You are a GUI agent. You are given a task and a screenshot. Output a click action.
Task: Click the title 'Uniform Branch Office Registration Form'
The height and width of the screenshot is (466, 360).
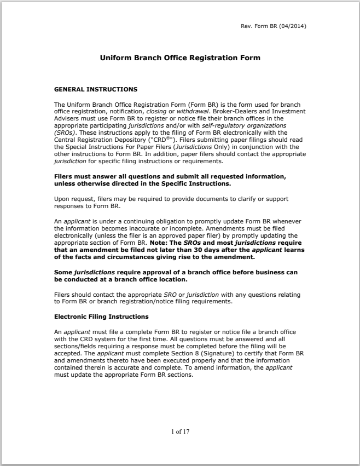click(180, 57)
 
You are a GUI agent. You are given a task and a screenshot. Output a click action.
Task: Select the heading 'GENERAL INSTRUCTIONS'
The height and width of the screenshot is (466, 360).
click(96, 89)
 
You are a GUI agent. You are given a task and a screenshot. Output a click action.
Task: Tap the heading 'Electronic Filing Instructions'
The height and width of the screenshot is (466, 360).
click(101, 317)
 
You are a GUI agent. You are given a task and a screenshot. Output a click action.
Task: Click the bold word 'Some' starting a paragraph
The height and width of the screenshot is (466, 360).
click(63, 272)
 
